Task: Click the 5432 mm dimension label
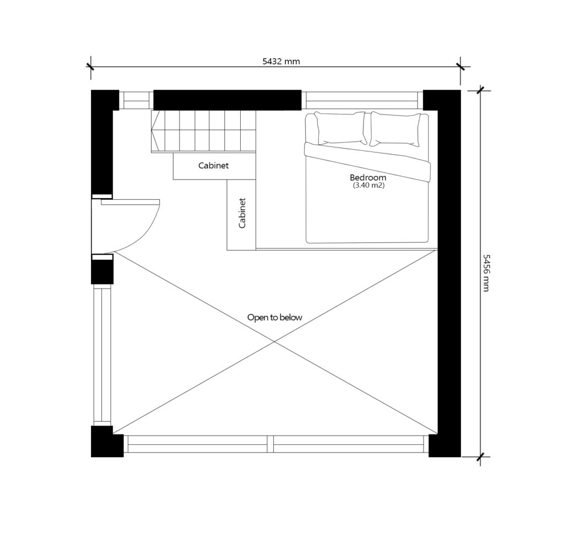[281, 61]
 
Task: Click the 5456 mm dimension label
[486, 273]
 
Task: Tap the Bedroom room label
[368, 177]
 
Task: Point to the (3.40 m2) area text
[368, 186]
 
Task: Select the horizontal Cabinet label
[213, 165]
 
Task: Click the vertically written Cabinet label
[242, 213]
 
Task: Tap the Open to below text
[274, 318]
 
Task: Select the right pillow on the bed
[395, 129]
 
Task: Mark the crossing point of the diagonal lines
[274, 341]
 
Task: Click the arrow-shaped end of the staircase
[155, 131]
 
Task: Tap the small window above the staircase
[137, 100]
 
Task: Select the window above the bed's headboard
[362, 100]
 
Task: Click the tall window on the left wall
[102, 355]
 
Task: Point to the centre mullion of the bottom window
[270, 444]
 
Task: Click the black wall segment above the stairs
[227, 100]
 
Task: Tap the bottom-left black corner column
[107, 442]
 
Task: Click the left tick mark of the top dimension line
[90, 67]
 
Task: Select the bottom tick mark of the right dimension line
[480, 457]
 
